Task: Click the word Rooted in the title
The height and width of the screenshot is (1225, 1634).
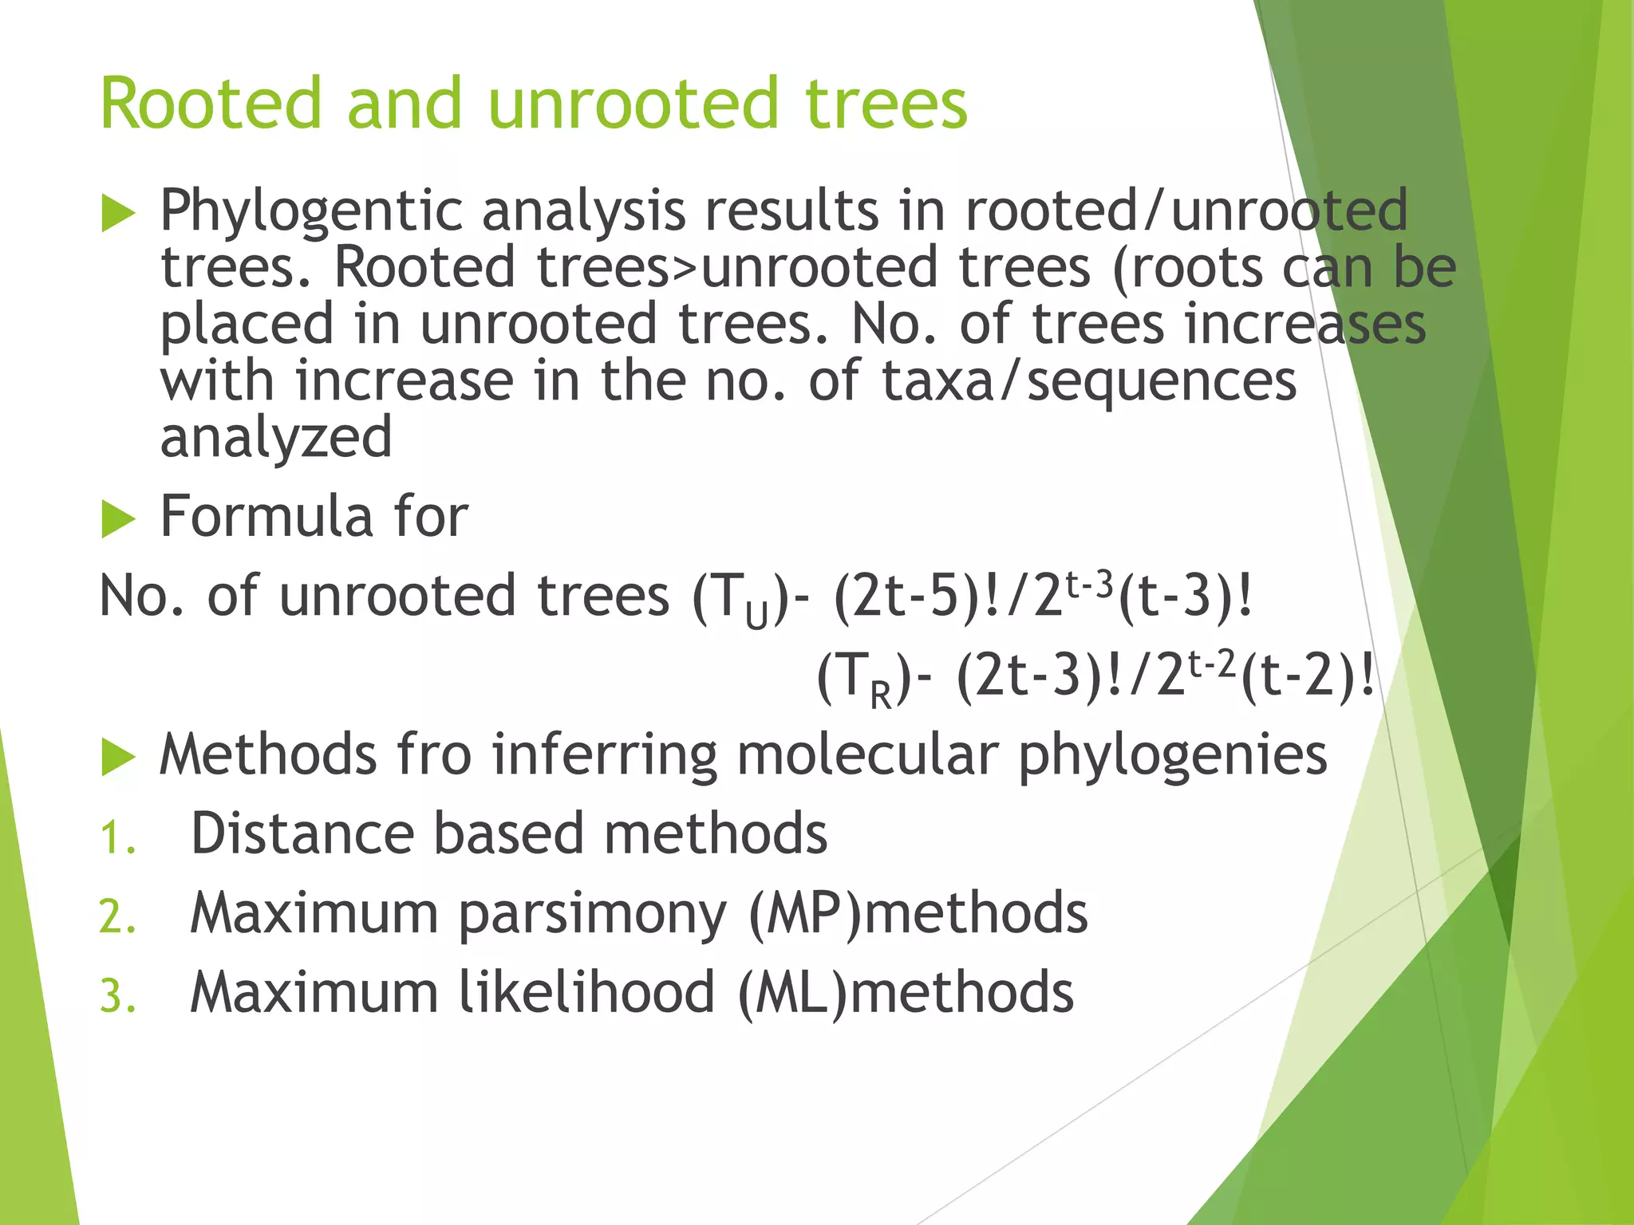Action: click(210, 104)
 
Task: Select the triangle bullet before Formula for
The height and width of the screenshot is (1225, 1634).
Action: click(118, 520)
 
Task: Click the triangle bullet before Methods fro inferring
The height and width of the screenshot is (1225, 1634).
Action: click(118, 757)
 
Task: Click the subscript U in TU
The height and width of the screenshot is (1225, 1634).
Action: click(756, 616)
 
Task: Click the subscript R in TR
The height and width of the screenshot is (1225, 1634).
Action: click(880, 695)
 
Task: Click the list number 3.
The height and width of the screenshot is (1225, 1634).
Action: click(116, 998)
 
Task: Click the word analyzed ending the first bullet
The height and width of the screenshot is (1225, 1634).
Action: click(276, 438)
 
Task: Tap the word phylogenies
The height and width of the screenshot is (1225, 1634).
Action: click(1172, 755)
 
